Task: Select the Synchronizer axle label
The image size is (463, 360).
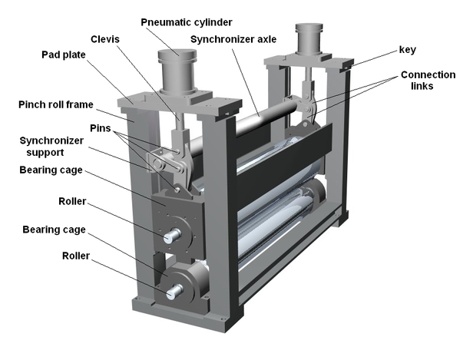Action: tap(230, 38)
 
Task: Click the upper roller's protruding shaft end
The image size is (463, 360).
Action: tap(174, 235)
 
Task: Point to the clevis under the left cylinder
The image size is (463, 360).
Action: tap(179, 142)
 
